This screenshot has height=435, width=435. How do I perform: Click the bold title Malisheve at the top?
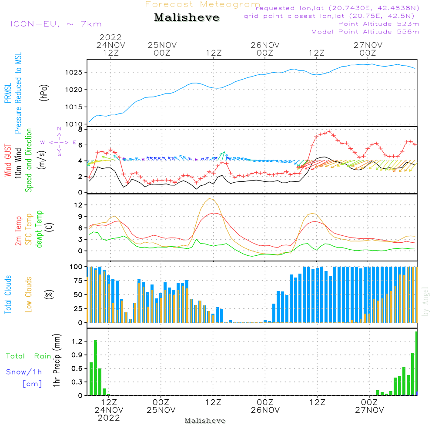click(187, 18)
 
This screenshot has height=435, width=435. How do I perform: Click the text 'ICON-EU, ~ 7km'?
click(56, 24)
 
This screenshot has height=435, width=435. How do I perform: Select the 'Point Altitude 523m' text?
click(378, 24)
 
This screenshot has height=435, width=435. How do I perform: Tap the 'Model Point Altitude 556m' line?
click(365, 32)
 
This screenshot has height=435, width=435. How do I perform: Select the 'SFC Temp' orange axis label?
click(29, 229)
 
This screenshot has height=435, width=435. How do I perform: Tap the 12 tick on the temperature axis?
click(80, 205)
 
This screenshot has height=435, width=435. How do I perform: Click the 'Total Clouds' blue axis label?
click(8, 294)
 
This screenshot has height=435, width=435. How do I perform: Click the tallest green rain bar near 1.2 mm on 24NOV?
click(96, 367)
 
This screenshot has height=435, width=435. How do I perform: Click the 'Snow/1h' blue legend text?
click(24, 372)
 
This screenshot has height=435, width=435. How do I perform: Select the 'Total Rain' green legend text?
click(28, 356)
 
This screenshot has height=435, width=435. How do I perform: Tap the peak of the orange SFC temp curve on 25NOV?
click(211, 199)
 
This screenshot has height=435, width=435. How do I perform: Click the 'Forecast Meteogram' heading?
click(203, 4)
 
